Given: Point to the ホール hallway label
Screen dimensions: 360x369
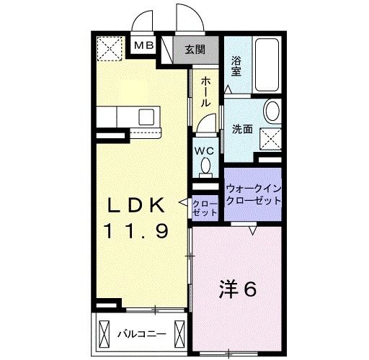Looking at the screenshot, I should click(205, 92).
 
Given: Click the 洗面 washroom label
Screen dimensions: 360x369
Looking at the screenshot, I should click(241, 130).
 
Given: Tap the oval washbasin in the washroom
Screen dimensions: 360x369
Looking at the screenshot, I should click(272, 112).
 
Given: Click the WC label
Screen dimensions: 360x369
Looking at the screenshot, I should click(205, 152).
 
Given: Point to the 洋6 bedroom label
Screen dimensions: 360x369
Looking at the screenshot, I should click(238, 289).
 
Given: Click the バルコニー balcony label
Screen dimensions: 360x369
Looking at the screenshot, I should click(141, 334).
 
